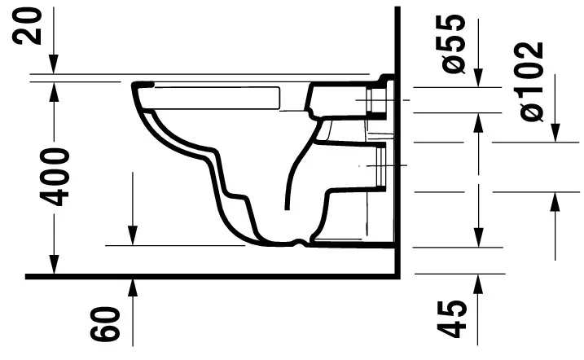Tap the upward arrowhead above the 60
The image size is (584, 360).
[x=131, y=284]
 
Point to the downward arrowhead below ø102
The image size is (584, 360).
[x=556, y=134]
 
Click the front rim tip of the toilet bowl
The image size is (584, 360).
[x=135, y=86]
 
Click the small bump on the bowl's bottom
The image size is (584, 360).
[x=304, y=241]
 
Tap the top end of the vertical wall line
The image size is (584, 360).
[x=397, y=8]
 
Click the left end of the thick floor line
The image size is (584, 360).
[x=27, y=277]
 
